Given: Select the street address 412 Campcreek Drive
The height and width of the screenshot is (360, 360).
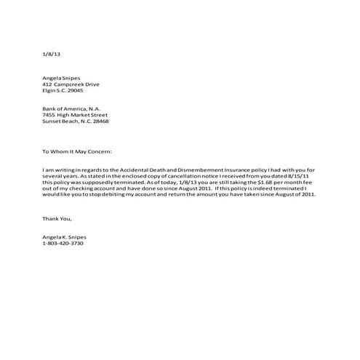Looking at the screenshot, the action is [71, 84].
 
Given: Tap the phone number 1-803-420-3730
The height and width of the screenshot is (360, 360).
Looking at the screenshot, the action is [63, 244].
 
